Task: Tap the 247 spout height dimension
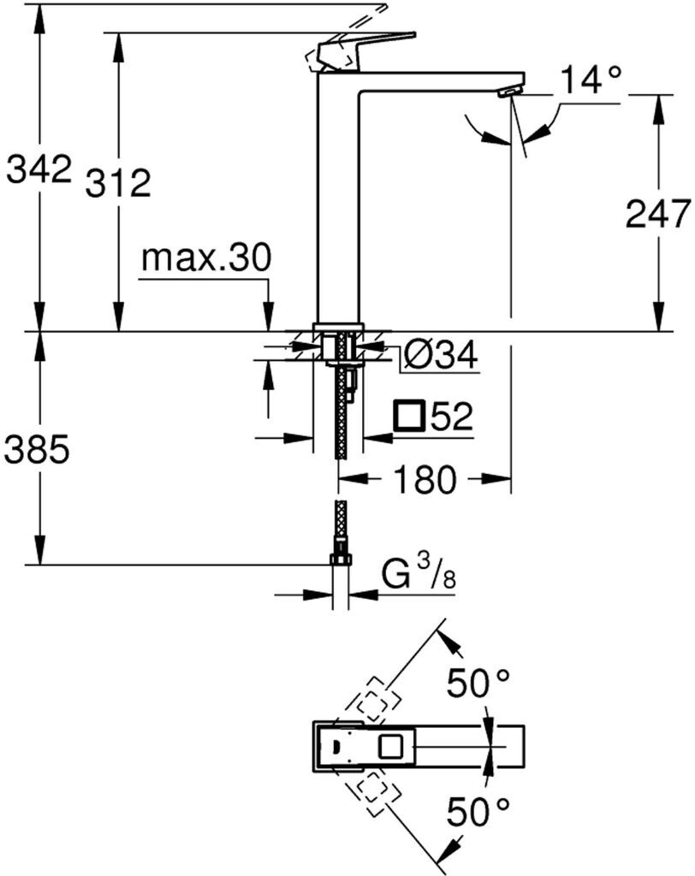coord(657,214)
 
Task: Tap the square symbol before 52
coord(409,417)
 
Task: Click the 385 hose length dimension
coord(36,449)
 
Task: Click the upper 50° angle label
coord(480,684)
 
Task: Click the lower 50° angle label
coord(480,808)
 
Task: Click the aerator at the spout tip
coord(511,91)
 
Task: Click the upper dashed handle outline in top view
coord(371,700)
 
